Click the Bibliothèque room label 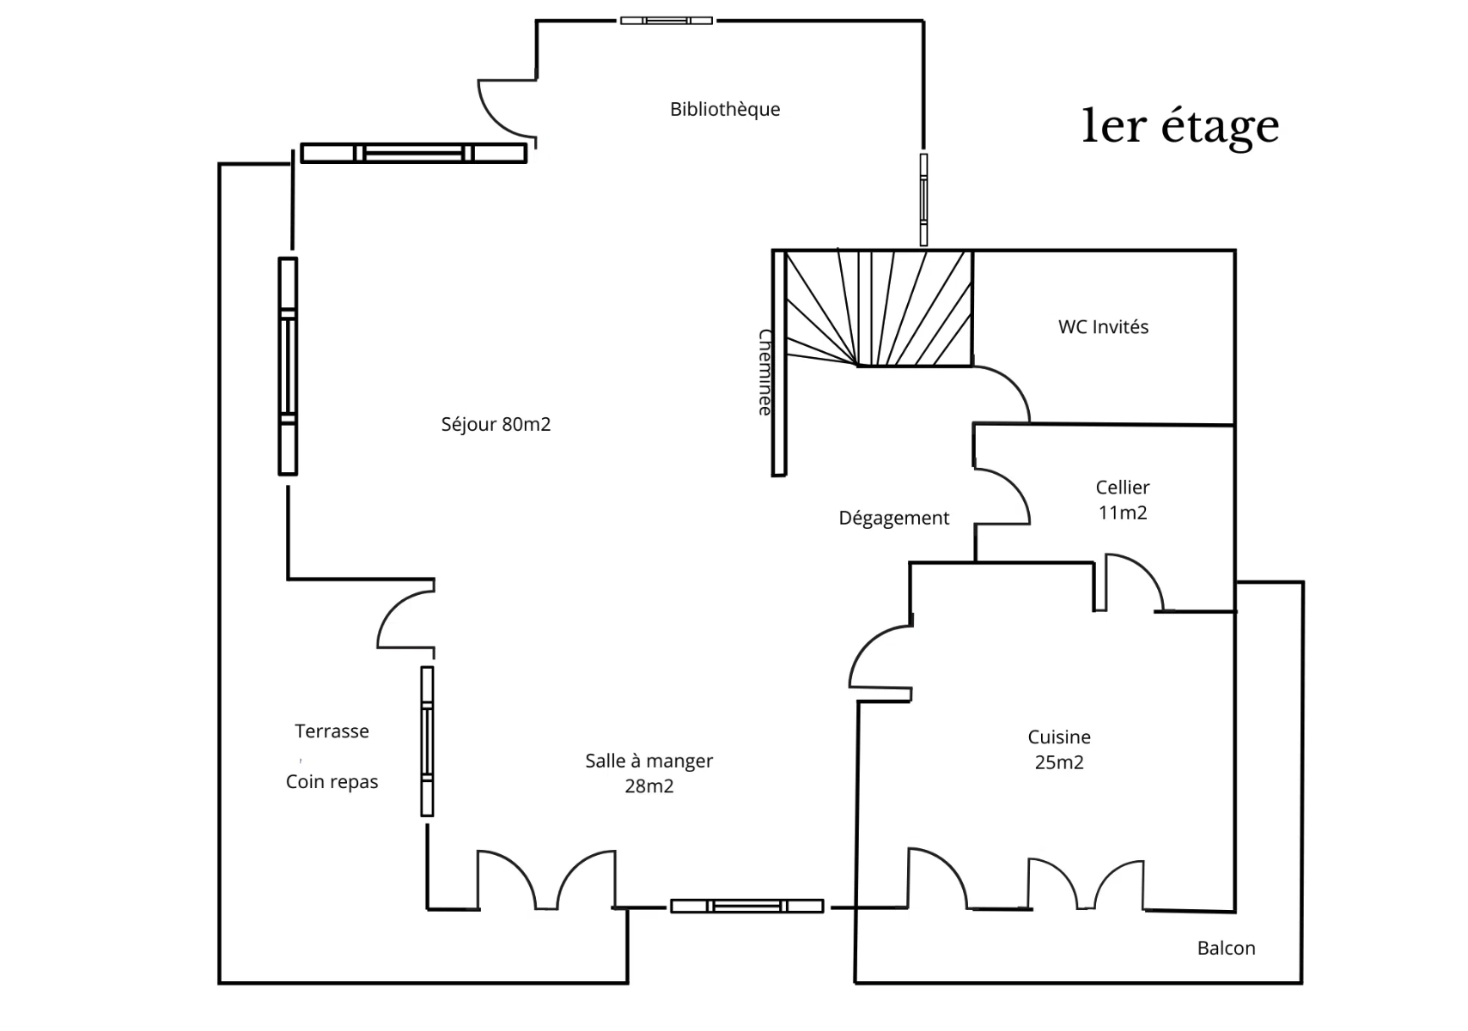tap(724, 109)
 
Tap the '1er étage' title tap(1179, 125)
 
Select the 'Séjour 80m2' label tap(496, 424)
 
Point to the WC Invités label tap(1103, 327)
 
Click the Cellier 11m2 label tap(1122, 500)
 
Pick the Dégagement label tap(893, 518)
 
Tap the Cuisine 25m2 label tap(1058, 749)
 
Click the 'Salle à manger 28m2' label tap(649, 773)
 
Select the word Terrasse tap(332, 731)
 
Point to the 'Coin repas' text tap(332, 782)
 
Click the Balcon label tap(1226, 948)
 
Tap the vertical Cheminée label tap(764, 373)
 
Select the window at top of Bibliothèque tap(666, 21)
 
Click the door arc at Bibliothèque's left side tap(505, 110)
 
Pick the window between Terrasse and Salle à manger tap(427, 741)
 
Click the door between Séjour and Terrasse tap(405, 619)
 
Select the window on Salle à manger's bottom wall tap(746, 906)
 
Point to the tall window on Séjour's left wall tap(288, 367)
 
